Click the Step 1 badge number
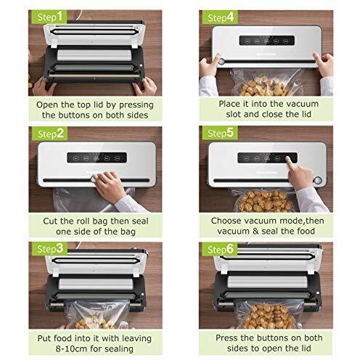click(60, 17)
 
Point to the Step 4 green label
click(220, 17)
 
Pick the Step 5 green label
click(220, 133)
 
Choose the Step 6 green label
click(220, 249)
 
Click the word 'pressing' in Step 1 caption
click(136, 105)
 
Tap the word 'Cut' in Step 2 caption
click(50, 221)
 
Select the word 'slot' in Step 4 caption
click(234, 114)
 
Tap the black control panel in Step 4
click(267, 41)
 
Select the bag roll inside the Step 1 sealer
click(94, 55)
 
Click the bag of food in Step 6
click(270, 314)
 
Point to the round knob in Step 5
click(318, 180)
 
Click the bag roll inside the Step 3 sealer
click(96, 284)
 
